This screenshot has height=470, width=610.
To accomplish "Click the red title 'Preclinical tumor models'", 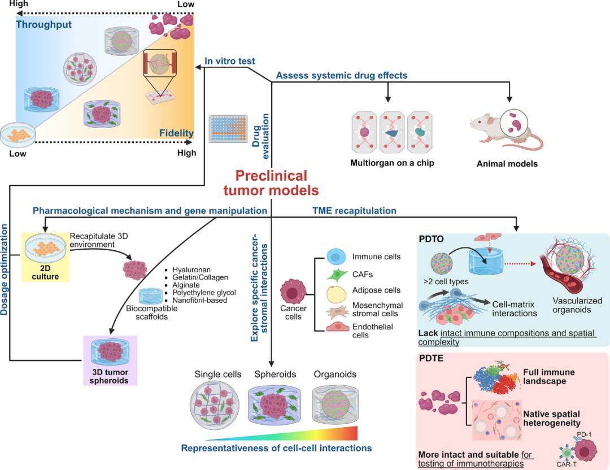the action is pyautogui.click(x=271, y=183).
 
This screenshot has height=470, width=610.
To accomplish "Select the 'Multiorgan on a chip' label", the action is pyautogui.click(x=392, y=163).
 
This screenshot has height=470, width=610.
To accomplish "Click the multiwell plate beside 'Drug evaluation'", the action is pyautogui.click(x=228, y=129).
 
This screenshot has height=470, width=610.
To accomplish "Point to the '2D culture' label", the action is pyautogui.click(x=45, y=272).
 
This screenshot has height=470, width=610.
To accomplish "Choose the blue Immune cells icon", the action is pyautogui.click(x=336, y=257).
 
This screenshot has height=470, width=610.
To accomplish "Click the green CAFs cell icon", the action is pyautogui.click(x=337, y=275).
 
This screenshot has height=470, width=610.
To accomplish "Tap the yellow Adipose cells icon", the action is pyautogui.click(x=336, y=294).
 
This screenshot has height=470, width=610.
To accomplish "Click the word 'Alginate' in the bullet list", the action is pyautogui.click(x=186, y=285).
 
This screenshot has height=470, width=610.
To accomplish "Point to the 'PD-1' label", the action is pyautogui.click(x=584, y=434).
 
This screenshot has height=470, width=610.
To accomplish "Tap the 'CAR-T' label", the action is pyautogui.click(x=567, y=464).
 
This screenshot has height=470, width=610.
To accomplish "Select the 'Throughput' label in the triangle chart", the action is pyautogui.click(x=43, y=24).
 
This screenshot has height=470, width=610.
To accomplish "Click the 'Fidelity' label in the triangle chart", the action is pyautogui.click(x=176, y=133).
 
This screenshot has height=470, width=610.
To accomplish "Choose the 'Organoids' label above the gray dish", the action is pyautogui.click(x=335, y=375).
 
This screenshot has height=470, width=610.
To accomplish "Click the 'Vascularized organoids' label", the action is pyautogui.click(x=577, y=306).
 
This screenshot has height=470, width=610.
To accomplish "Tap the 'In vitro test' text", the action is pyautogui.click(x=229, y=61).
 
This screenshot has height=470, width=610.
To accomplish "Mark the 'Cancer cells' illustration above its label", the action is pyautogui.click(x=293, y=291).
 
